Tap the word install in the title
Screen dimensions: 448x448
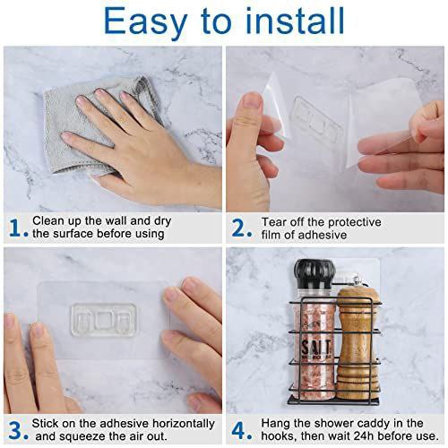point(295,21)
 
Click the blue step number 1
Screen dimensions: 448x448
point(16,228)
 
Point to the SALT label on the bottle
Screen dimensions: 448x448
point(316,348)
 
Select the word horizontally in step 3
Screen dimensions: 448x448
point(184,424)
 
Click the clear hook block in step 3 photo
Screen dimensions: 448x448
point(104,320)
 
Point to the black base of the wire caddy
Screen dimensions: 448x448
point(333,401)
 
